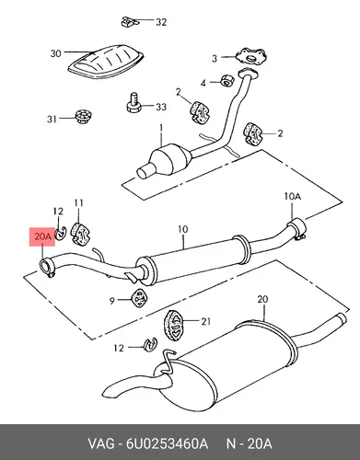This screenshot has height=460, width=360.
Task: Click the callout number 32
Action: pos(161,22)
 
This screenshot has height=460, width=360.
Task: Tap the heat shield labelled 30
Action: pos(107,62)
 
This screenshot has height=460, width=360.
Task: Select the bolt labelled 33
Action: pos(134,103)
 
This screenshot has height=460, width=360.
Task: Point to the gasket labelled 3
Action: pos(250,57)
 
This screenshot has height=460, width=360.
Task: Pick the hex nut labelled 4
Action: pos(227,80)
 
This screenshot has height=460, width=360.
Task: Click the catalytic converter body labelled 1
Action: pos(168,158)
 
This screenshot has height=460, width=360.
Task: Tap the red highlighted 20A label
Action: pos(42,236)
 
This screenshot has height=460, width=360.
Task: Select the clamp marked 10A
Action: pos(296,228)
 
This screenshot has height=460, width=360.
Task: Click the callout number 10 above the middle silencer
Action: pos(182,229)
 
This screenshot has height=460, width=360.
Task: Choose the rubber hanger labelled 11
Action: pos(80,234)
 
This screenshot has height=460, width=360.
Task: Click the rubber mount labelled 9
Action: pos(140,297)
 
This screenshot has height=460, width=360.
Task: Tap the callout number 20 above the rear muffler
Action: pos(263,299)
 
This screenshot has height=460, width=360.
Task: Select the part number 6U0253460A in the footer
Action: pos(167,443)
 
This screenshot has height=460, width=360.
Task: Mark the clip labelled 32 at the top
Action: pos(129,21)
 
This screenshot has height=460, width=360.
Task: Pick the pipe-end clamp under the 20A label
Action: pos(47,267)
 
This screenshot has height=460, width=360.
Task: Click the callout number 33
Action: pos(161,107)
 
